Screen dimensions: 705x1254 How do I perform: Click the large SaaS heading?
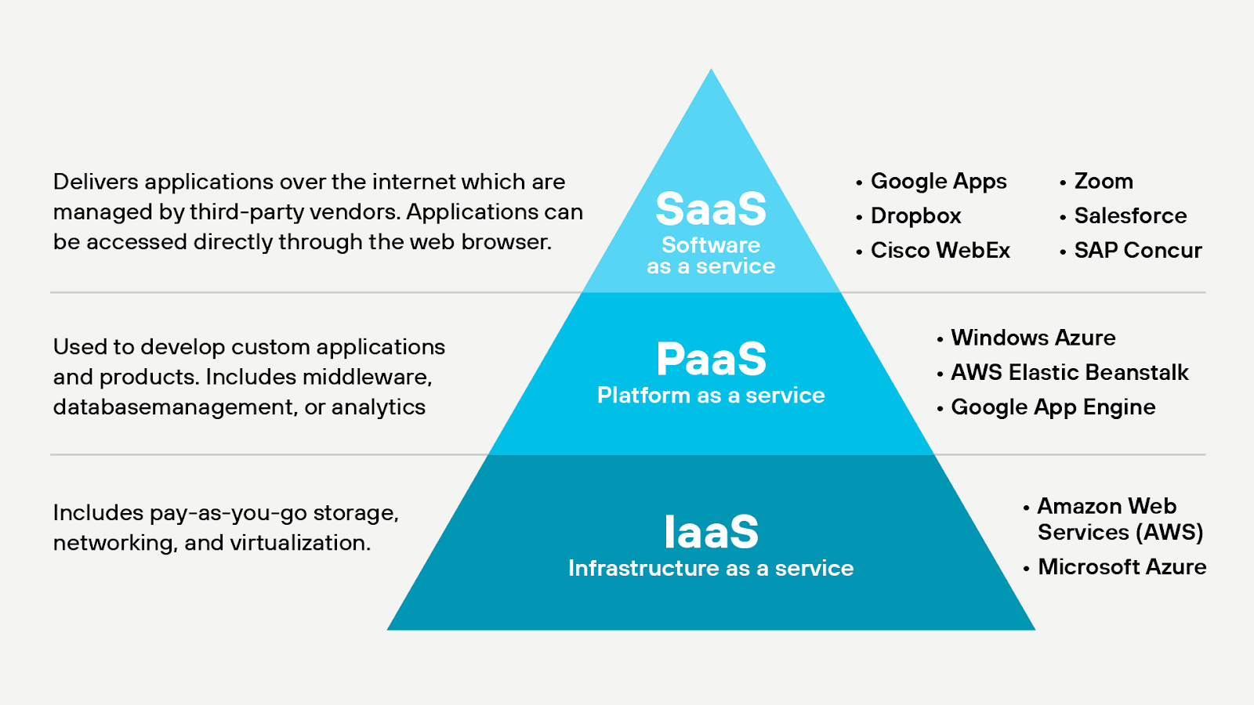pyautogui.click(x=711, y=209)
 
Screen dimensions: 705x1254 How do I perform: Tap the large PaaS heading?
pyautogui.click(x=711, y=360)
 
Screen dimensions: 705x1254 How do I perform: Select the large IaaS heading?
pyautogui.click(x=711, y=532)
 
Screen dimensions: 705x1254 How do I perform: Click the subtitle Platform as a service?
pyautogui.click(x=711, y=396)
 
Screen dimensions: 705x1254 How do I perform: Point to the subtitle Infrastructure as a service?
pyautogui.click(x=711, y=569)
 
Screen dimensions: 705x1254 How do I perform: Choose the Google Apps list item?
pyautogui.click(x=938, y=182)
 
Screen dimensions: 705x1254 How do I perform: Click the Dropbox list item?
pyautogui.click(x=915, y=216)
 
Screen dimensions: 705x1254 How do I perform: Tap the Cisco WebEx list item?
pyautogui.click(x=940, y=251)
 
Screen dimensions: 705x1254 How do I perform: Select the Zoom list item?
pyautogui.click(x=1104, y=182)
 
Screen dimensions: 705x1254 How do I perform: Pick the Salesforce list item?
pyautogui.click(x=1130, y=216)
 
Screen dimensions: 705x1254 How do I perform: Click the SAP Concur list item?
pyautogui.click(x=1137, y=251)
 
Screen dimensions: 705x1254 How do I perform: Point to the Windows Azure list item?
pyautogui.click(x=1033, y=338)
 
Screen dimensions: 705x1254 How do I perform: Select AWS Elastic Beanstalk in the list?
pyautogui.click(x=1069, y=373)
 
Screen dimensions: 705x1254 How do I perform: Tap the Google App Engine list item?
pyautogui.click(x=1053, y=407)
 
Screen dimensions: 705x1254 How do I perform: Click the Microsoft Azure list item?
pyautogui.click(x=1122, y=567)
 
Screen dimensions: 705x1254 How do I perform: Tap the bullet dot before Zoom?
pyautogui.click(x=1063, y=183)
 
